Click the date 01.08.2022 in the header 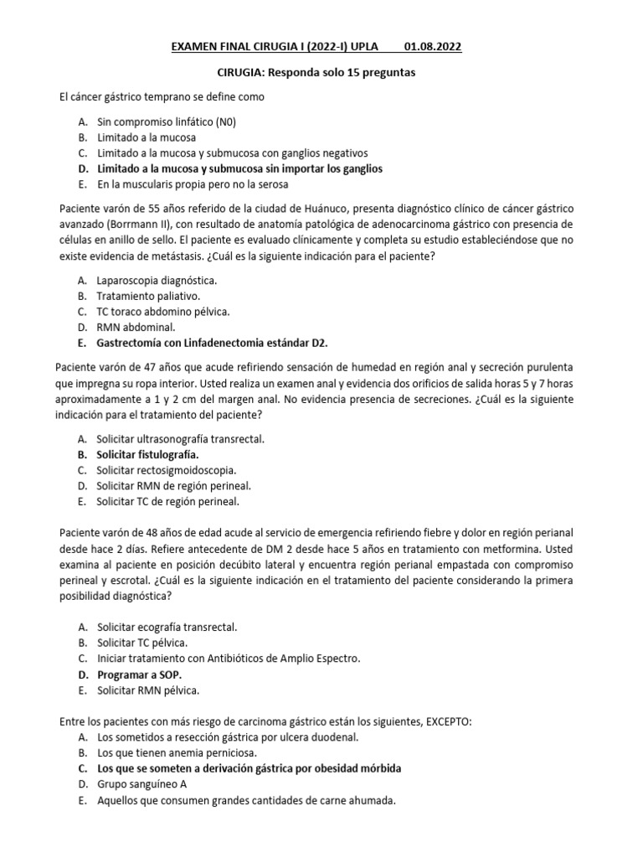[x=433, y=46]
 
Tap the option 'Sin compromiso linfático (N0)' [x=167, y=121]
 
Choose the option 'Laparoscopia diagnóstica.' [x=157, y=281]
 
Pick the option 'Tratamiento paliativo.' [x=148, y=296]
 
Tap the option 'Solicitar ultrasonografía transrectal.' [x=185, y=439]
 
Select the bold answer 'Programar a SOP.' [x=137, y=675]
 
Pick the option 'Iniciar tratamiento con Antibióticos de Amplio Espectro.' [x=229, y=659]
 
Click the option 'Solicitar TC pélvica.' [x=140, y=643]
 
